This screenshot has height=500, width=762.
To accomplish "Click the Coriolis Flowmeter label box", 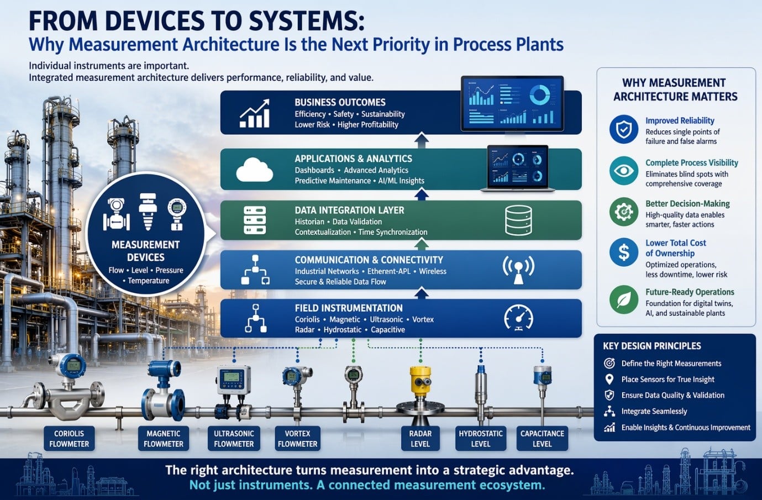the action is click(x=69, y=439).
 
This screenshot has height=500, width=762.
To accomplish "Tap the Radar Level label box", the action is click(x=420, y=439).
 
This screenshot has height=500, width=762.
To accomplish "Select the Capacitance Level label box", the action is click(x=542, y=439).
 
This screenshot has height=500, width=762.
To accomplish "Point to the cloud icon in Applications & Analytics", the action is click(x=254, y=170).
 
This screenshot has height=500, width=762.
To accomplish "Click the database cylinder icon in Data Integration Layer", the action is click(x=518, y=220).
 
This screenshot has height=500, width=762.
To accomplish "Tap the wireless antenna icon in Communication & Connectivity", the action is click(x=518, y=270).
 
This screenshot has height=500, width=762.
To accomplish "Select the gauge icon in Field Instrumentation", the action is click(x=518, y=318).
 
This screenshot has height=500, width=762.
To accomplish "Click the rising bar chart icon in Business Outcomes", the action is click(x=254, y=114).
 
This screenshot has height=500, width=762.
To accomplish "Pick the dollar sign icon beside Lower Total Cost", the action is click(x=623, y=252).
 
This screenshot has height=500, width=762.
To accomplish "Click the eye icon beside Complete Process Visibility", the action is click(x=623, y=170).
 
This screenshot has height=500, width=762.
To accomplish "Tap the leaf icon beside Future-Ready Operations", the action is click(x=623, y=299).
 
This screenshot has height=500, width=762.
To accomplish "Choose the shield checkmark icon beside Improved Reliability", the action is click(x=623, y=129).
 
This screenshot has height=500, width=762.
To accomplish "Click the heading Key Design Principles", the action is click(x=652, y=346).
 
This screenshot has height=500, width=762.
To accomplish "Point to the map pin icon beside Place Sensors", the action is click(x=609, y=379).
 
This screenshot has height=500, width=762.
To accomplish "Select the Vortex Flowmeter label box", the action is click(x=297, y=439).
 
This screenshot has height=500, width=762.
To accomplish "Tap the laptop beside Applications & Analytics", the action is click(x=518, y=169).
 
